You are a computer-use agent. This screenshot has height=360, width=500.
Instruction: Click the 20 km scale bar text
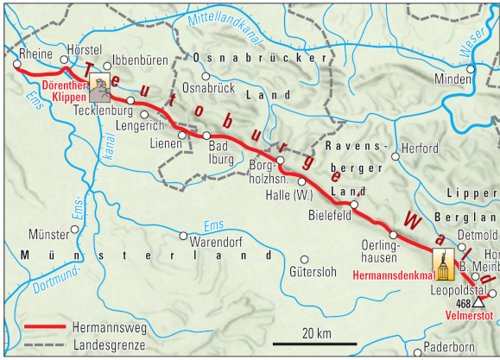pos(316,332)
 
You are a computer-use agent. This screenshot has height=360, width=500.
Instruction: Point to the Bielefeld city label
pos(330,215)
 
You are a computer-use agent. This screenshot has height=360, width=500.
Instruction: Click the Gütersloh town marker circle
pos(305,258)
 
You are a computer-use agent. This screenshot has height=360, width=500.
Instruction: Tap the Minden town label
pos(453,79)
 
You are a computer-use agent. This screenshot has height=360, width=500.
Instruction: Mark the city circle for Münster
pos(75,230)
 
